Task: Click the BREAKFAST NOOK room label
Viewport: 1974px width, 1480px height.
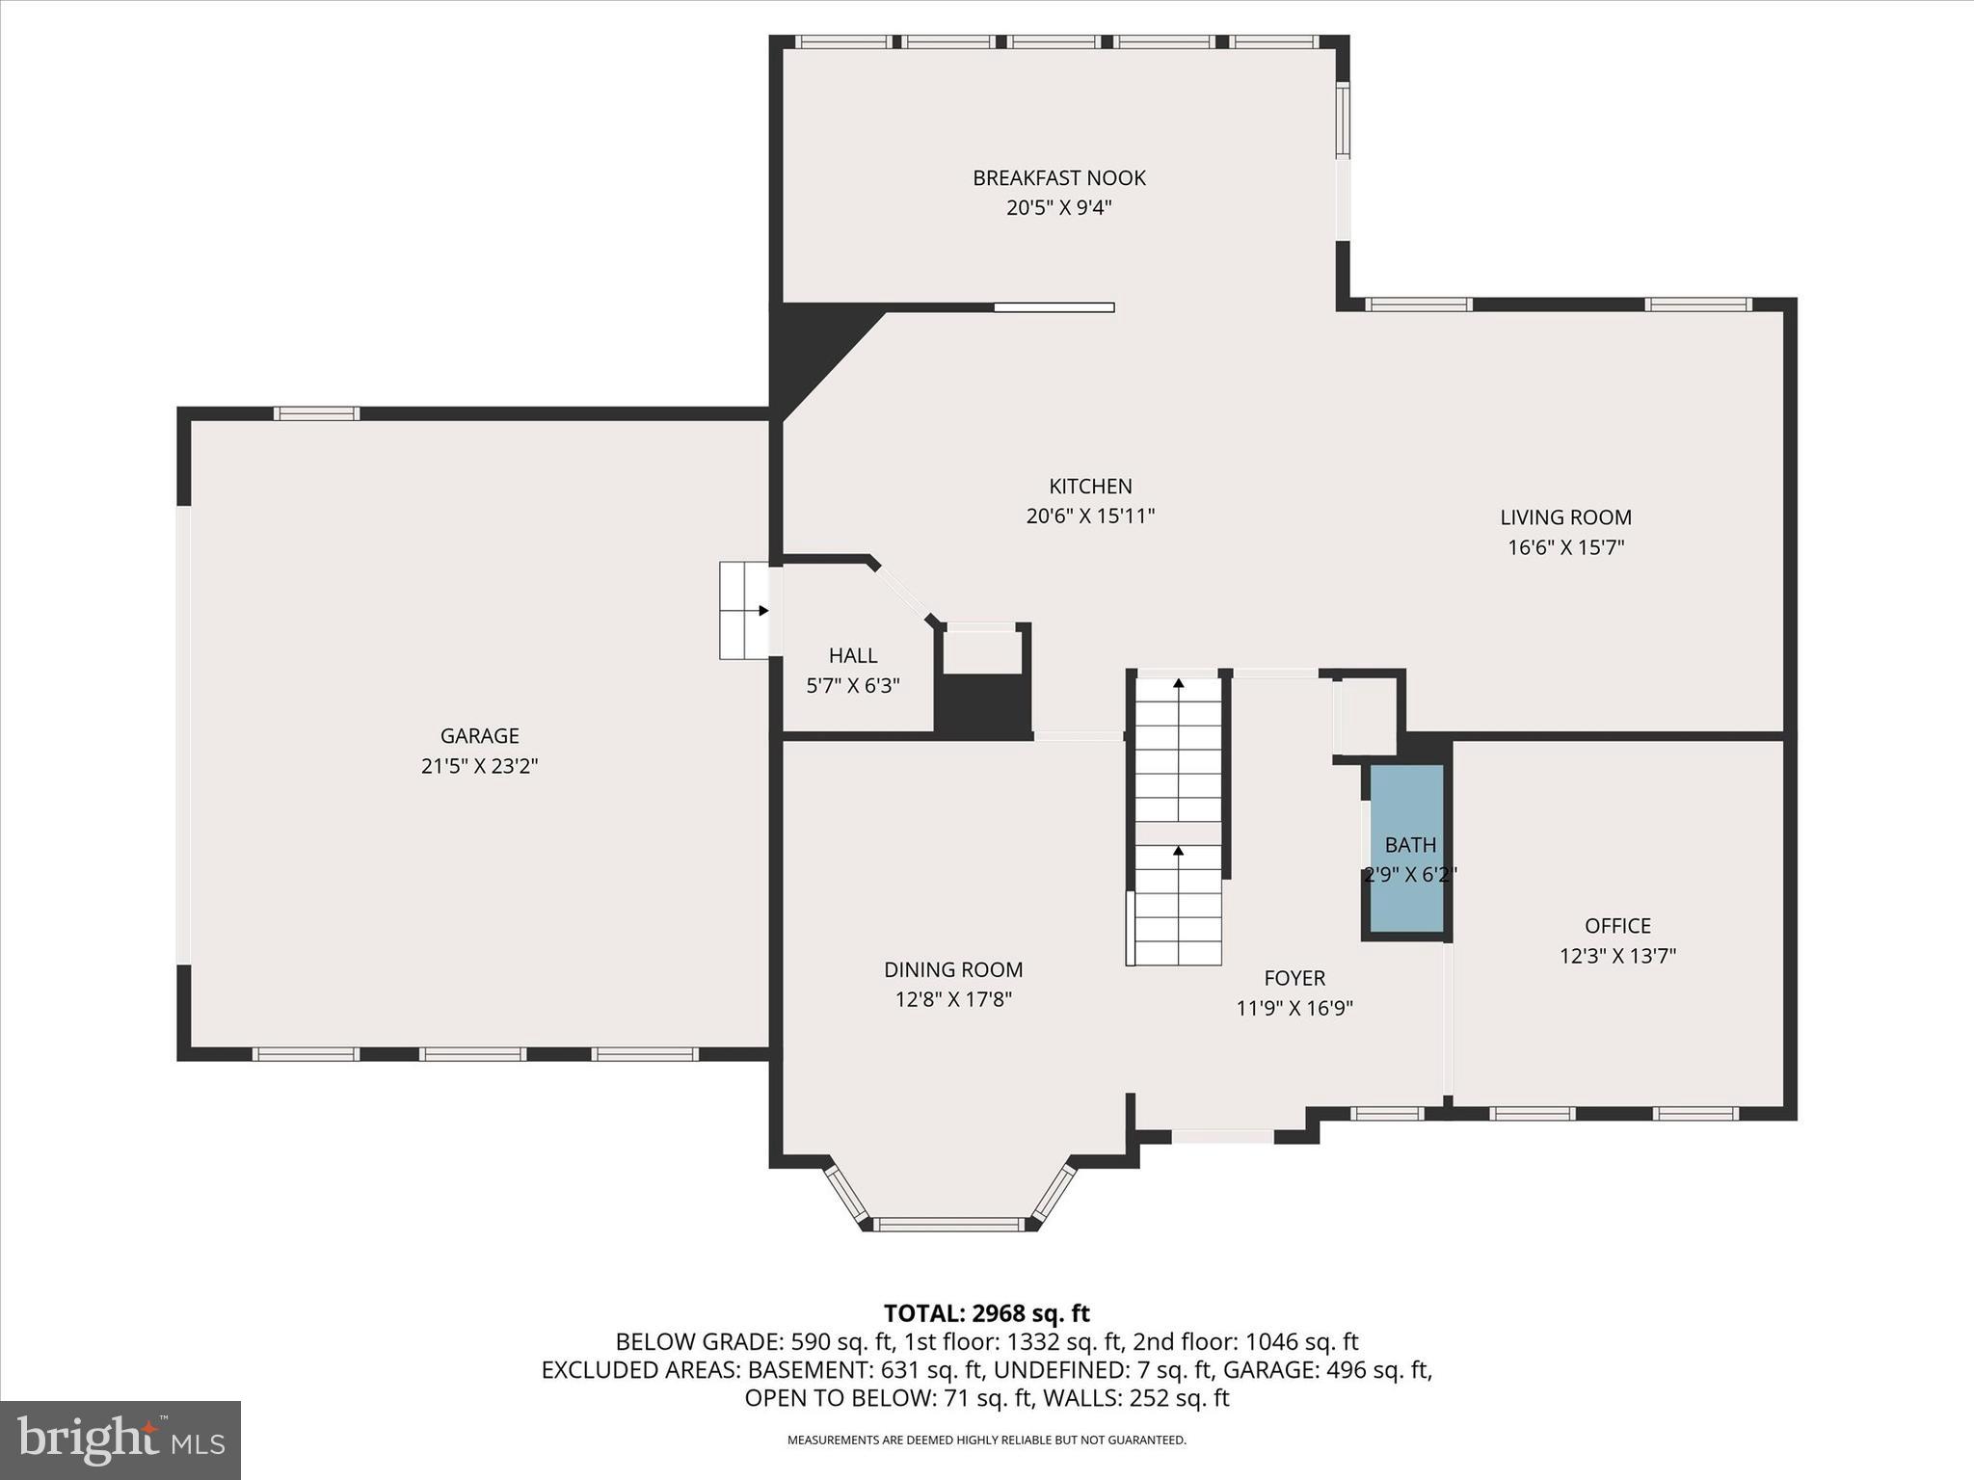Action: tap(1058, 178)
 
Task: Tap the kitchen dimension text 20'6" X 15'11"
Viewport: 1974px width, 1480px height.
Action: tap(1090, 516)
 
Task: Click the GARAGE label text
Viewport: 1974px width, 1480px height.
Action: tap(479, 736)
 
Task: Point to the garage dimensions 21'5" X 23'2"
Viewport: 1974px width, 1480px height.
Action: tap(479, 767)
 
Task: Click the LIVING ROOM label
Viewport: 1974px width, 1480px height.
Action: tap(1565, 517)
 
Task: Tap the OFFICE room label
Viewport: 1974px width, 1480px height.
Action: tap(1617, 926)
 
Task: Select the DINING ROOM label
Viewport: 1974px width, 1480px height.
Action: tap(953, 970)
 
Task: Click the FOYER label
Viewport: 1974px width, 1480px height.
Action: tap(1294, 978)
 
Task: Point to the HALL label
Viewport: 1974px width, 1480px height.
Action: tap(853, 656)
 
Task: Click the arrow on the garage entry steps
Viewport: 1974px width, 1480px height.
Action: tap(762, 610)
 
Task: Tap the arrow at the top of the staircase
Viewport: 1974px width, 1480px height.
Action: tap(1178, 684)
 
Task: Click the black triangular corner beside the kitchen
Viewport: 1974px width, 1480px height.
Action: tap(810, 347)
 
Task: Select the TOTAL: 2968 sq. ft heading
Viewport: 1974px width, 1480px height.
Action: tap(986, 1313)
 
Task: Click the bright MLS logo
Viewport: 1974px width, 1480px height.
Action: tap(120, 1440)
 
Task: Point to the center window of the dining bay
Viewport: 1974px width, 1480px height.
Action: tap(949, 1225)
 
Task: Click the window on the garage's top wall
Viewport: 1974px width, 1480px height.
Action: tap(316, 413)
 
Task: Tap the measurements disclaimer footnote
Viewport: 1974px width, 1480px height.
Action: tap(986, 1440)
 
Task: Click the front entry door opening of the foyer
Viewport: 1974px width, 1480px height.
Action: tap(1222, 1137)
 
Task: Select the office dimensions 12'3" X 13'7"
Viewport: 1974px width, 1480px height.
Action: tap(1617, 957)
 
